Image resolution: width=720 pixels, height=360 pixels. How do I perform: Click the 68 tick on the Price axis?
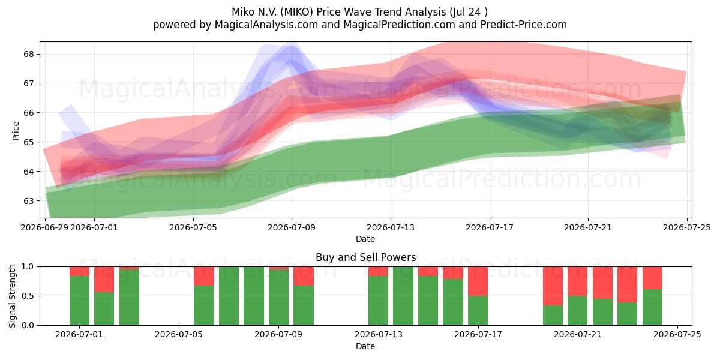pyautogui.click(x=28, y=54)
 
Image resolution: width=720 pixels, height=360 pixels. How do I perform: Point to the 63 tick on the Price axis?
pyautogui.click(x=28, y=201)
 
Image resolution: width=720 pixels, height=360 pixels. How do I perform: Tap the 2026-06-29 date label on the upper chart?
pyautogui.click(x=44, y=227)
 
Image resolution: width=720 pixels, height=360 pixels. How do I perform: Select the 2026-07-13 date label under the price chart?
pyautogui.click(x=391, y=227)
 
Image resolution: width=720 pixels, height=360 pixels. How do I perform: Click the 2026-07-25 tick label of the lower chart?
pyautogui.click(x=677, y=334)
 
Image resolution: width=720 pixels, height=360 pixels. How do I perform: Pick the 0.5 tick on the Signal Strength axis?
pyautogui.click(x=28, y=296)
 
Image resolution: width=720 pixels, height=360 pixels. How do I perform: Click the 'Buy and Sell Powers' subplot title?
pyautogui.click(x=365, y=257)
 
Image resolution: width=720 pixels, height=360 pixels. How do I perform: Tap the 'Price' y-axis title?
pyautogui.click(x=16, y=131)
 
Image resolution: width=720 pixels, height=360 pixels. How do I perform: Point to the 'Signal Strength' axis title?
pyautogui.click(x=12, y=296)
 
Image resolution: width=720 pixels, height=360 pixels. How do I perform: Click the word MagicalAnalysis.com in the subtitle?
pyautogui.click(x=266, y=25)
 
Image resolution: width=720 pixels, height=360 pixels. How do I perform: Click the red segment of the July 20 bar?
pyautogui.click(x=553, y=286)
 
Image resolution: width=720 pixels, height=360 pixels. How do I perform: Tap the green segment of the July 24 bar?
pyautogui.click(x=653, y=307)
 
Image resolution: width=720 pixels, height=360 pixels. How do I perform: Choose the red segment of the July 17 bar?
pyautogui.click(x=478, y=281)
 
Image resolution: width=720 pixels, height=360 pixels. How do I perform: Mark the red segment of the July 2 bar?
pyautogui.click(x=104, y=280)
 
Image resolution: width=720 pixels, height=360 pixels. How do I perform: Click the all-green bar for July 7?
pyautogui.click(x=229, y=296)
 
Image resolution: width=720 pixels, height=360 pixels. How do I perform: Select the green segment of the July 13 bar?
pyautogui.click(x=379, y=301)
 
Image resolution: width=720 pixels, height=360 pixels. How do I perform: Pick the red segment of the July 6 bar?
pyautogui.click(x=204, y=276)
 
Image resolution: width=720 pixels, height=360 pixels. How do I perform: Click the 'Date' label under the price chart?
pyautogui.click(x=365, y=239)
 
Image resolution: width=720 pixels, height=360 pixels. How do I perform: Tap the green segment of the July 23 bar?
pyautogui.click(x=627, y=314)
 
